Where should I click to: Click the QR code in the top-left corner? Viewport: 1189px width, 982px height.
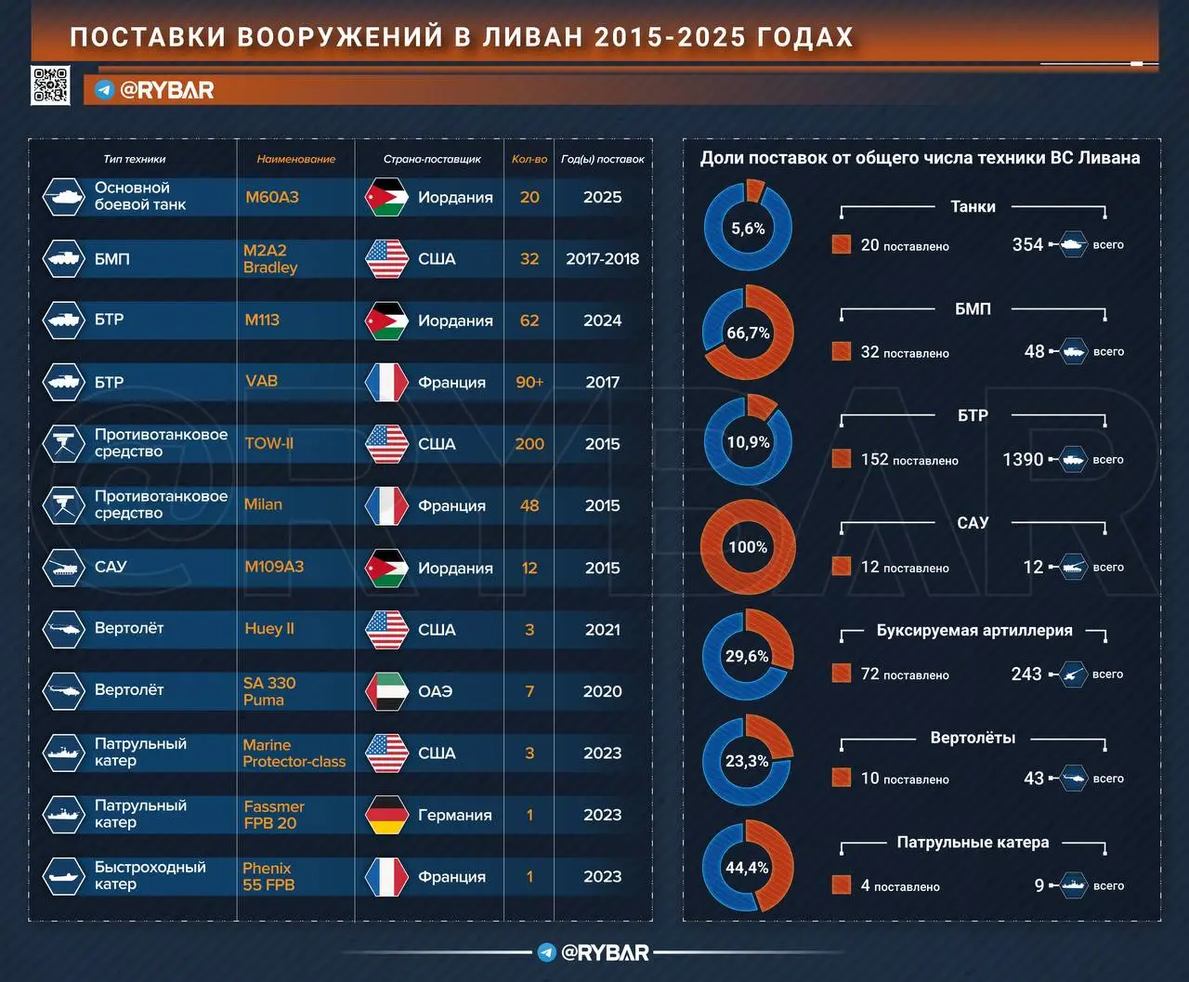pyautogui.click(x=50, y=85)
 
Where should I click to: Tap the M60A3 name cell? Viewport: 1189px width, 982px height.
pyautogui.click(x=272, y=197)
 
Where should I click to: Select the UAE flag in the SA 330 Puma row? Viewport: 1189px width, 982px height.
pyautogui.click(x=386, y=691)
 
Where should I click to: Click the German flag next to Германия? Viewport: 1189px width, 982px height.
pyautogui.click(x=386, y=815)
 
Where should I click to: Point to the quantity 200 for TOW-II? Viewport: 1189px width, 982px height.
pyautogui.click(x=529, y=444)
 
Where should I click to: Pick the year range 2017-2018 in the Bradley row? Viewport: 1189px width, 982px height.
pyautogui.click(x=602, y=259)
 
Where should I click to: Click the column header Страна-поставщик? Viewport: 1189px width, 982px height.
pyautogui.click(x=432, y=159)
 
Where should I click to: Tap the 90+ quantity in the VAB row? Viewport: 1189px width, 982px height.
pyautogui.click(x=529, y=382)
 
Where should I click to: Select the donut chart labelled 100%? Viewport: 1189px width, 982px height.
pyautogui.click(x=748, y=547)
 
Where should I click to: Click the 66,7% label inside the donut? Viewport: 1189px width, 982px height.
pyautogui.click(x=748, y=333)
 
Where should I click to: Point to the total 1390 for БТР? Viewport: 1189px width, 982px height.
pyautogui.click(x=1023, y=459)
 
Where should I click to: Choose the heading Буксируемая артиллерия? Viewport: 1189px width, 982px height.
pyautogui.click(x=973, y=631)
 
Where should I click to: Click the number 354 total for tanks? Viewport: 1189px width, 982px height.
pyautogui.click(x=1027, y=244)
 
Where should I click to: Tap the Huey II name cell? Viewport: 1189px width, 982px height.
pyautogui.click(x=269, y=629)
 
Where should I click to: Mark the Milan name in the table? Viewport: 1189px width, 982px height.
pyautogui.click(x=263, y=504)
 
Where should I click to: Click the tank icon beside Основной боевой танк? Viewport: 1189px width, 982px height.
pyautogui.click(x=64, y=197)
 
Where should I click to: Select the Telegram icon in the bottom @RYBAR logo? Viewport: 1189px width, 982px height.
pyautogui.click(x=547, y=952)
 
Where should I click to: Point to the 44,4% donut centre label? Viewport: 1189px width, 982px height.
pyautogui.click(x=747, y=868)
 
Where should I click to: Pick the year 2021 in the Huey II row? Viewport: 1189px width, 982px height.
pyautogui.click(x=602, y=630)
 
